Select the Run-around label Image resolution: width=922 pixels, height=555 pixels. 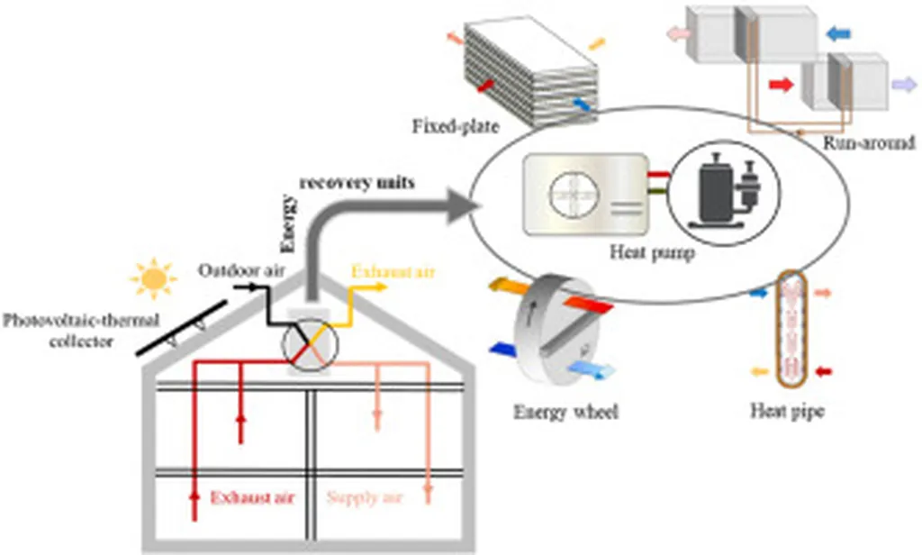click(869, 142)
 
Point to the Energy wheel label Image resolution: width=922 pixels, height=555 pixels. click(566, 413)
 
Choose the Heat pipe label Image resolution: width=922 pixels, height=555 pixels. click(788, 413)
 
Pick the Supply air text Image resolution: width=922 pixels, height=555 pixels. click(364, 496)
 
